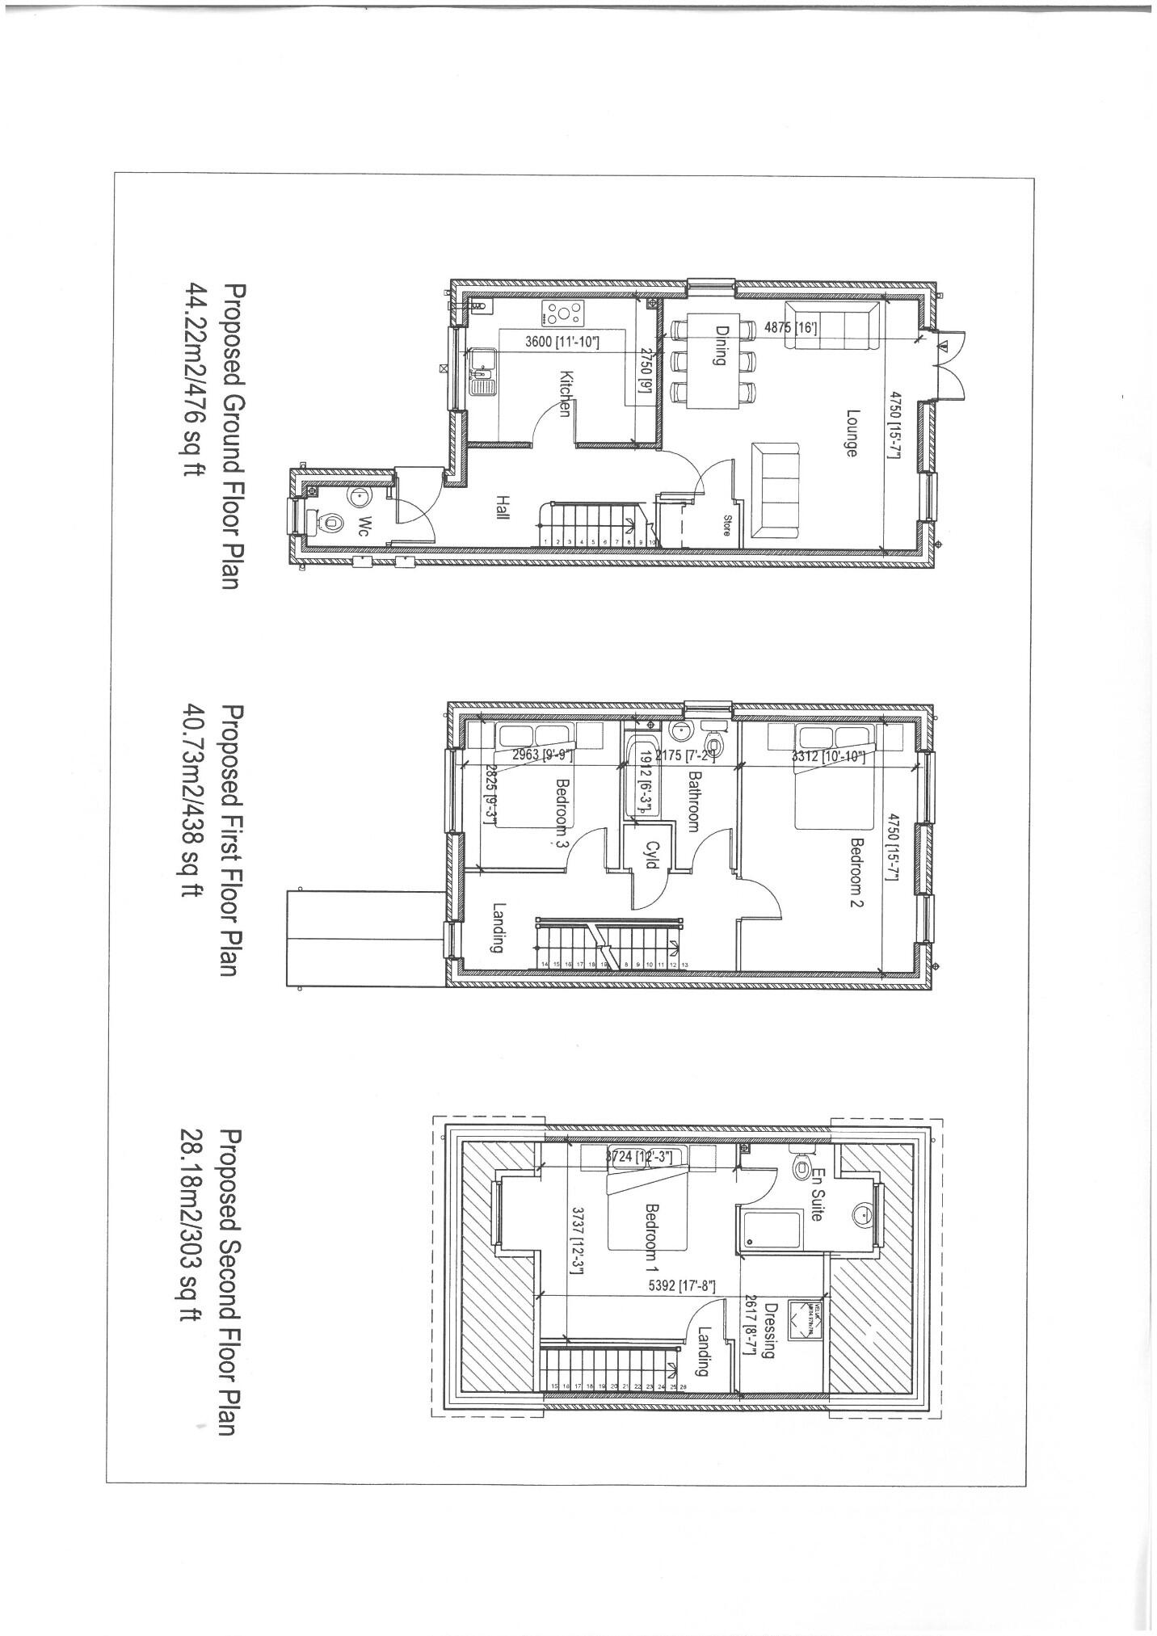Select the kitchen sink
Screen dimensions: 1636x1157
point(482,371)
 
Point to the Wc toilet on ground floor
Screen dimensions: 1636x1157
point(326,523)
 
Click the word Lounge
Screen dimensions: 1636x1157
point(850,433)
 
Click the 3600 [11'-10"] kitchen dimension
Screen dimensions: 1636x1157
point(562,342)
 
